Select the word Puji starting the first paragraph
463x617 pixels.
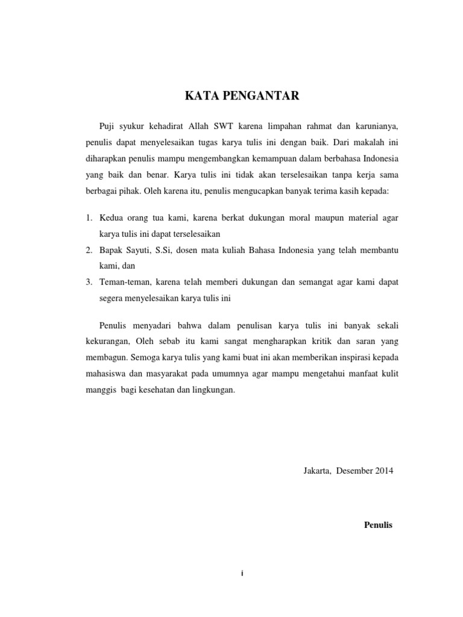tap(106, 128)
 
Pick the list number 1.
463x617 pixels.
tap(88, 216)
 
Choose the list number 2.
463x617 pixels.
tap(88, 249)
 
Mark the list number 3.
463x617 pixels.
tap(88, 281)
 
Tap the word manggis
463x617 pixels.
tap(99, 390)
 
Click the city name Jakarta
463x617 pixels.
tap(317, 470)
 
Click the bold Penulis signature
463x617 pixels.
tap(379, 525)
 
